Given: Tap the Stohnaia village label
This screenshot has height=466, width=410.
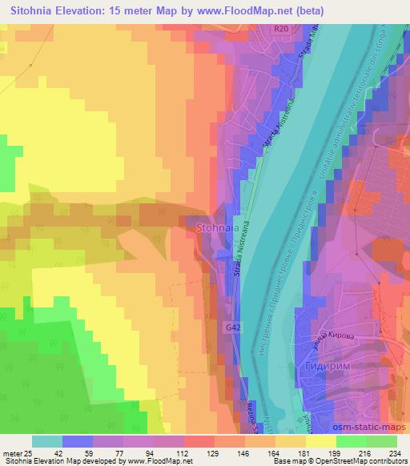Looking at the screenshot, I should click(x=215, y=228).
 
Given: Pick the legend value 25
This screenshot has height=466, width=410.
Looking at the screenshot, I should click(x=31, y=452).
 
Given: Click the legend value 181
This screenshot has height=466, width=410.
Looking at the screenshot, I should click(x=296, y=452).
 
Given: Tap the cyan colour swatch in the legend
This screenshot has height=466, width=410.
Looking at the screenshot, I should click(x=47, y=441).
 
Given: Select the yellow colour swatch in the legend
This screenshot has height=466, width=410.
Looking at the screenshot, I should click(x=321, y=441).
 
